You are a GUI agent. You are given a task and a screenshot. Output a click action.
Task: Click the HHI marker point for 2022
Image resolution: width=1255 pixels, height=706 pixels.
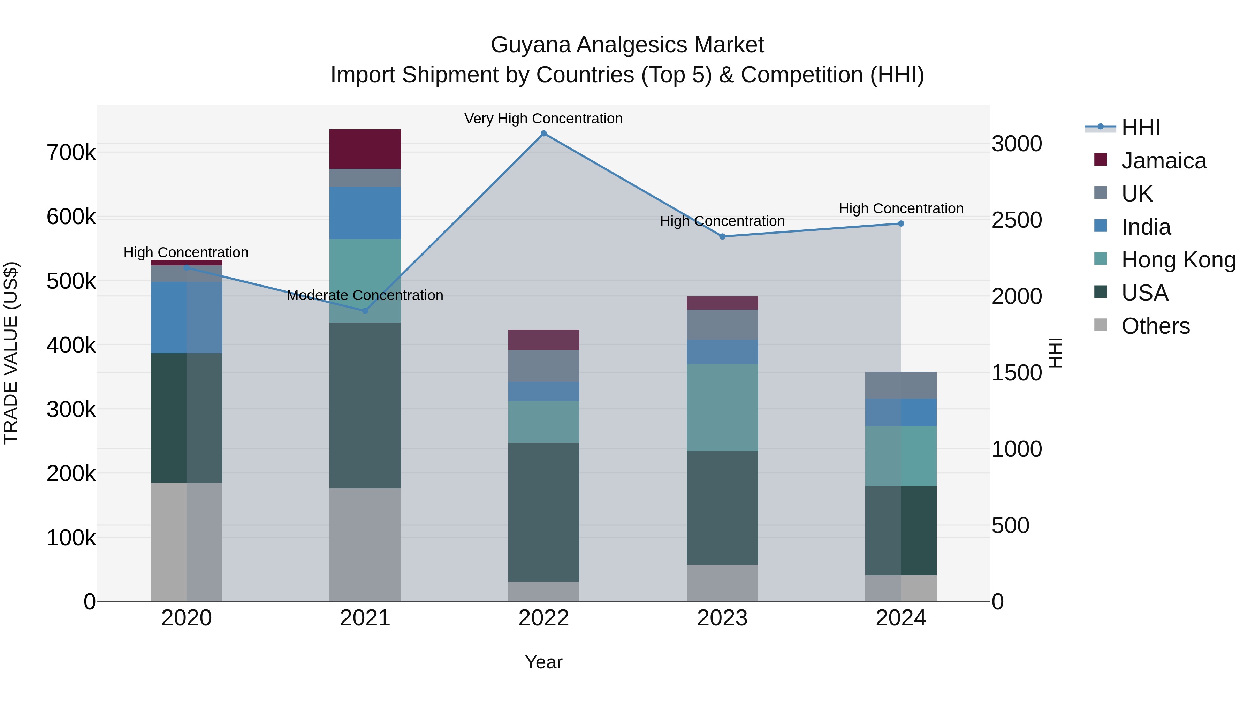544,134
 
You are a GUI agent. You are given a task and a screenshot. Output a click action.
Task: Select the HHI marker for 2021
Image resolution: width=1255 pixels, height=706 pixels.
365,311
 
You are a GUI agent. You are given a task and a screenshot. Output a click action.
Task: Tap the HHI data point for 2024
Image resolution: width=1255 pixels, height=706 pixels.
901,223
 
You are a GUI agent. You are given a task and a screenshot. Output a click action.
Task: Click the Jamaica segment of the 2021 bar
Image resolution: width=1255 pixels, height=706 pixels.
365,149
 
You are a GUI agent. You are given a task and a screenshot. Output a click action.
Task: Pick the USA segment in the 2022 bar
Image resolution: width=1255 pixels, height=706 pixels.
544,511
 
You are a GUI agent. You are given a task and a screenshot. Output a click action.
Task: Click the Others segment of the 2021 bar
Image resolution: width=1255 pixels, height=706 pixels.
365,544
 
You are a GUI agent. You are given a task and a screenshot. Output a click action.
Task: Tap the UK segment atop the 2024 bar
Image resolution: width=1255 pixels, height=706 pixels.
901,385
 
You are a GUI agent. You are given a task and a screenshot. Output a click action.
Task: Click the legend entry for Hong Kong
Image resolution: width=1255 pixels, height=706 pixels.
1178,260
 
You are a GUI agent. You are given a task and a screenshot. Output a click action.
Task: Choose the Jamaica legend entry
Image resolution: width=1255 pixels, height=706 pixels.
1163,161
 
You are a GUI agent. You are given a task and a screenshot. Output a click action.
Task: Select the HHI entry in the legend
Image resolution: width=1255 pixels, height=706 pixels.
1140,128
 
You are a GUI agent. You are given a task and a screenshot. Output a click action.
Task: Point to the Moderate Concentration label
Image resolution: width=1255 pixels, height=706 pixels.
365,295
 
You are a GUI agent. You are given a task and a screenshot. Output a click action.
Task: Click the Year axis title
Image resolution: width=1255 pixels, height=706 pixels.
544,662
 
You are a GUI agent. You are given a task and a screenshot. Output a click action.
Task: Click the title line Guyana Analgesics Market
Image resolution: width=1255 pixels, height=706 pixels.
627,45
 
